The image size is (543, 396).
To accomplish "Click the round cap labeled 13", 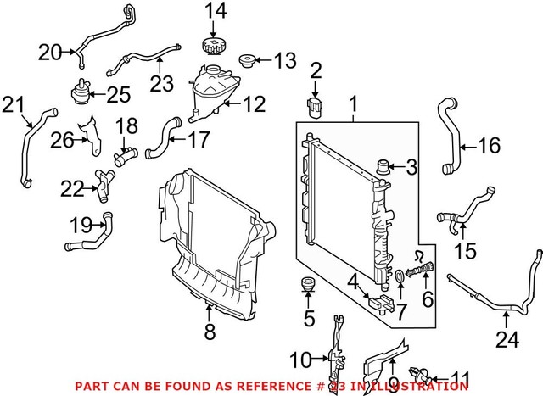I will pyautogui.click(x=249, y=61).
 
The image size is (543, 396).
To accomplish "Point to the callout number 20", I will pyautogui.click(x=50, y=53).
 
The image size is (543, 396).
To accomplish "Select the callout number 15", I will pyautogui.click(x=464, y=253).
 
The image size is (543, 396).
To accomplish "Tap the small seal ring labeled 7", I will pyautogui.click(x=400, y=277).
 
